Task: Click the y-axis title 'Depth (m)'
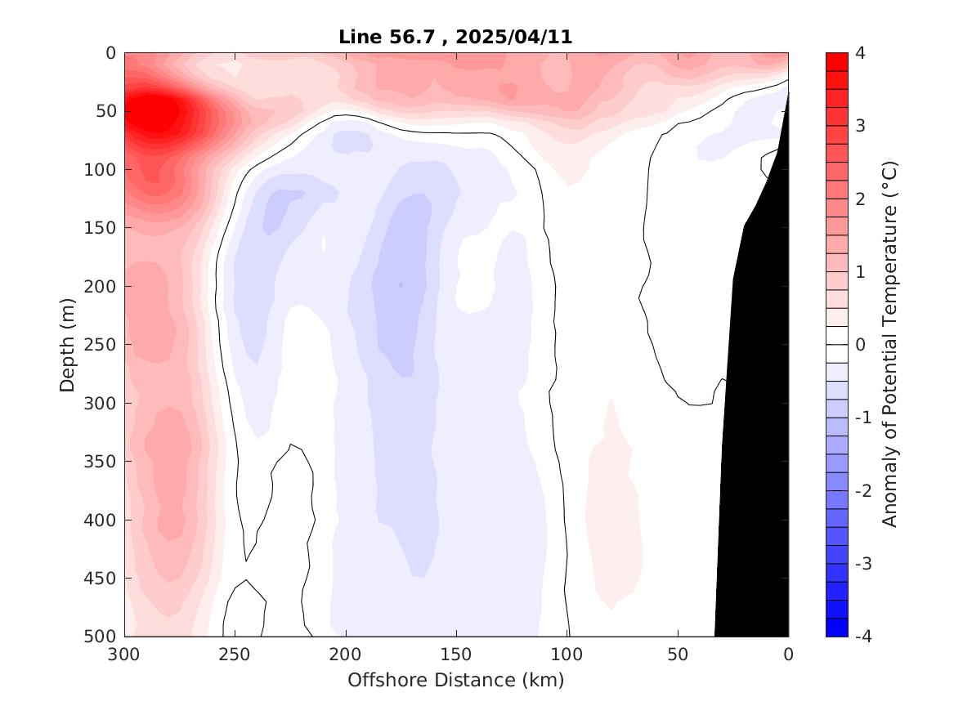(68, 344)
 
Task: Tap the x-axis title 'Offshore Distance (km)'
(455, 680)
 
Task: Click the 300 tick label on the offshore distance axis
(124, 655)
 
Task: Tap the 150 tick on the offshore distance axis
(456, 655)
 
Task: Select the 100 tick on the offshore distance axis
(567, 655)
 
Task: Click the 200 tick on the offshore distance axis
(346, 655)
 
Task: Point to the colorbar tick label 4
(860, 53)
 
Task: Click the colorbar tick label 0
(860, 345)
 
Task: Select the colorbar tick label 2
(860, 199)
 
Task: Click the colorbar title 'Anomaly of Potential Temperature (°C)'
(890, 344)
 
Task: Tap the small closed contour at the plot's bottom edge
(244, 611)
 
